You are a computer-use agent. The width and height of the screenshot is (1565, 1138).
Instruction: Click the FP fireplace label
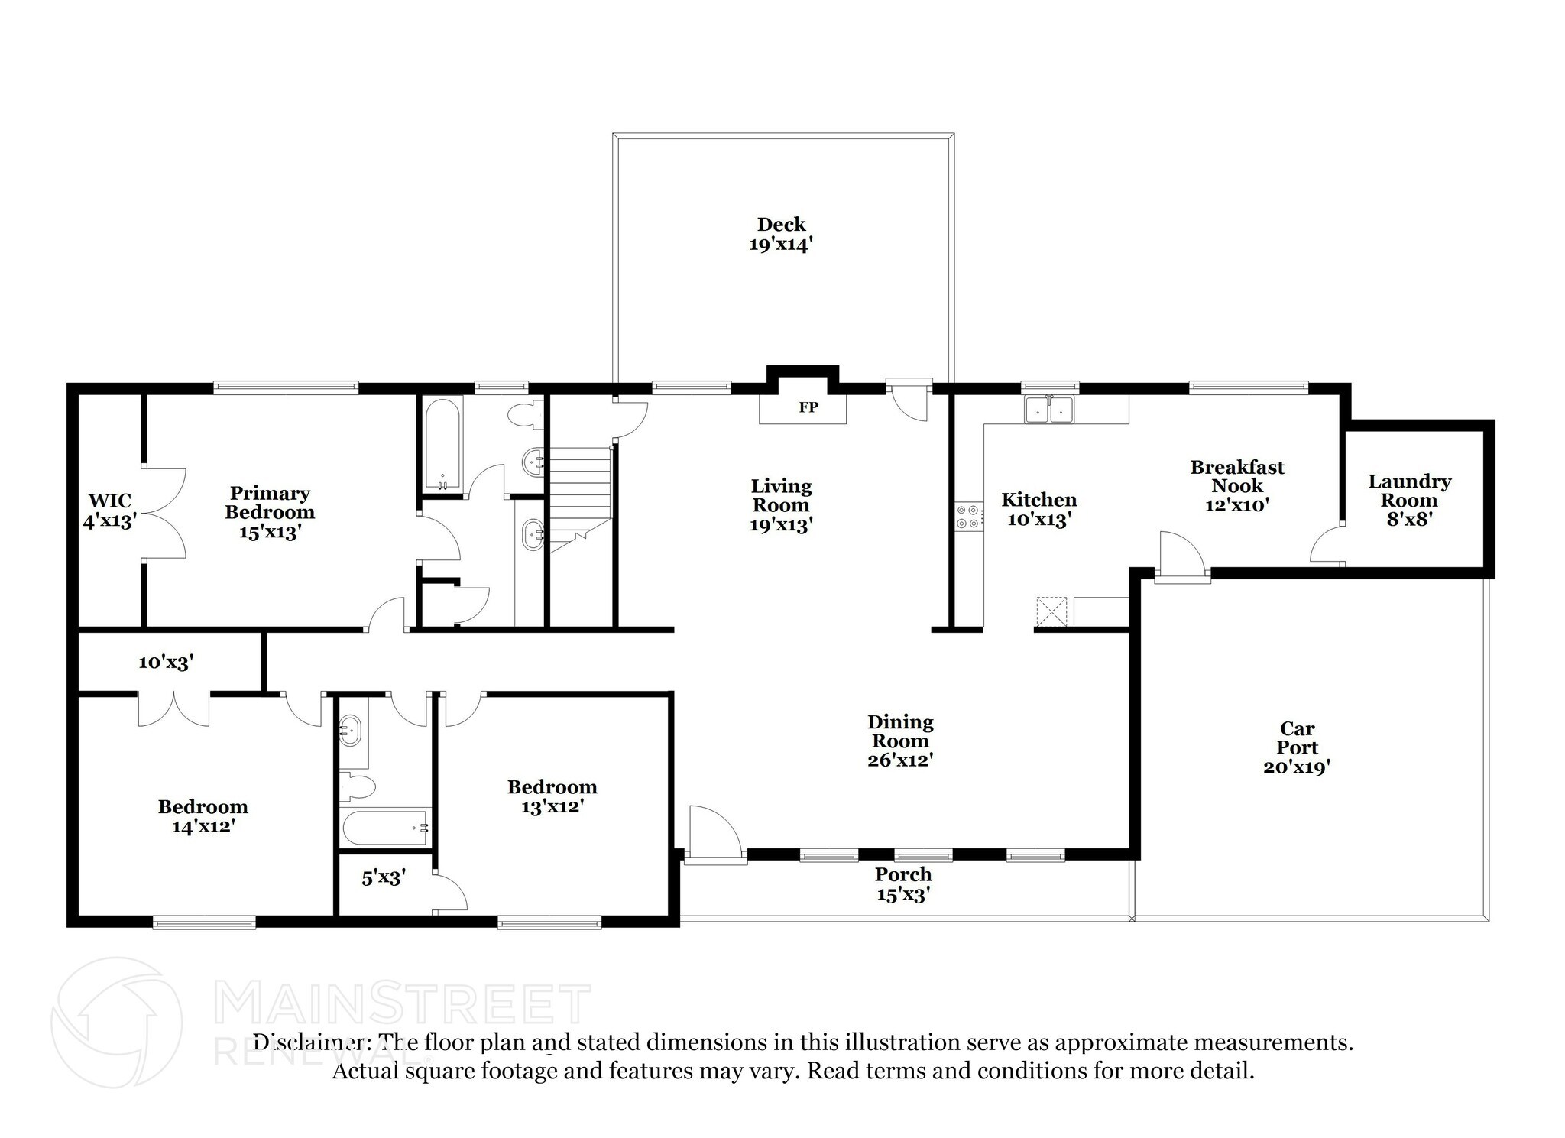[808, 407]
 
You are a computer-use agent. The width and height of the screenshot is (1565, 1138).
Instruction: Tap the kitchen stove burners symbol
[968, 517]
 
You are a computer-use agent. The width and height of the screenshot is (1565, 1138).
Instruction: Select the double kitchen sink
[1051, 410]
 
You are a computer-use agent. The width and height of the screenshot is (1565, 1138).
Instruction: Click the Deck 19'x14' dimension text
[780, 245]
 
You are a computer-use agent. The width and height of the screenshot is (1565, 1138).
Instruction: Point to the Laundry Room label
[1409, 500]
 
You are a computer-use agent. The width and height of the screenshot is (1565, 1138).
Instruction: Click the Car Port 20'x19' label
[1297, 747]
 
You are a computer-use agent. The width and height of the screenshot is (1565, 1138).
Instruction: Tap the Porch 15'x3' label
[903, 883]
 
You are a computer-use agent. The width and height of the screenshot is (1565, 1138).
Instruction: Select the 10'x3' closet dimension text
[166, 662]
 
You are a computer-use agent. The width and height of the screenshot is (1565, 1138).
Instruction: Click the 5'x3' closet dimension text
[383, 877]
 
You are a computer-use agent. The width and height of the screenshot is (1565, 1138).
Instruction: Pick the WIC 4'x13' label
[109, 511]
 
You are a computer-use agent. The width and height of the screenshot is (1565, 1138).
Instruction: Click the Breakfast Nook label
[1237, 485]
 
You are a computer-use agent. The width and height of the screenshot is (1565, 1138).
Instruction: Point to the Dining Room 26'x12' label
[900, 741]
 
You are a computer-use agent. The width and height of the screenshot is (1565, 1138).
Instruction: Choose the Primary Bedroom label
[269, 512]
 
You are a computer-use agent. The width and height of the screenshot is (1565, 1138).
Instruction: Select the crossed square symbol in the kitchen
[1051, 611]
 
